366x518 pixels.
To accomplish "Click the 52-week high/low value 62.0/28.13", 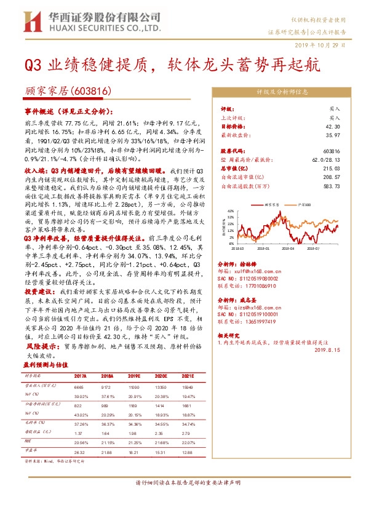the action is pos(325,159).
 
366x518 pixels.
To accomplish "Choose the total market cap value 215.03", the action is pos(333,167).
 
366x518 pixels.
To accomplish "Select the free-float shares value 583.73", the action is pos(333,184).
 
